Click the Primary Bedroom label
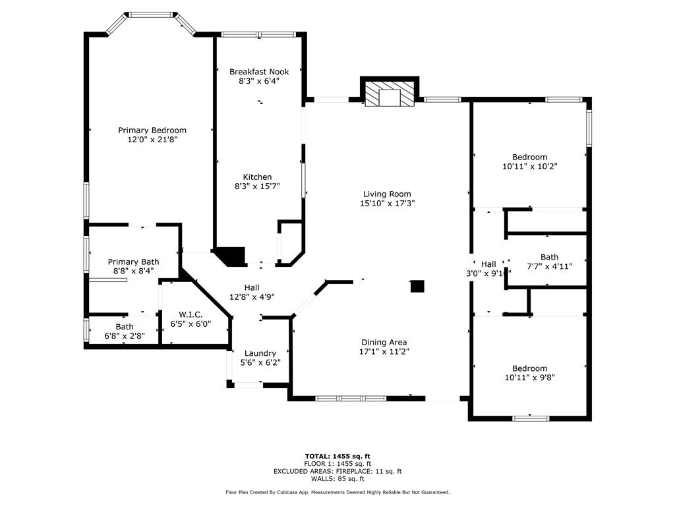pos(152,130)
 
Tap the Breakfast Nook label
pos(258,72)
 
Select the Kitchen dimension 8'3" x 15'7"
pos(257,186)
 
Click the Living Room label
pos(387,194)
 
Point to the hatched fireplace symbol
pos(390,92)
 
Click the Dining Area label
pos(384,343)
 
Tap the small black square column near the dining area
pos(417,286)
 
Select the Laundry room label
pos(260,354)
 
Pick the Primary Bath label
pos(133,262)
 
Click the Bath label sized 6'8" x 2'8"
pos(125,327)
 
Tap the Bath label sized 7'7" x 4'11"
pos(549,258)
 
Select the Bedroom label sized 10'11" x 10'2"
pos(529,157)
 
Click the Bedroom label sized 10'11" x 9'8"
pos(529,369)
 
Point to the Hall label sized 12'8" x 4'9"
pos(251,288)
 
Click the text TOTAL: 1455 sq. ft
pos(337,456)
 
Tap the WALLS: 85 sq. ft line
pos(337,479)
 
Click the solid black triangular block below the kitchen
pos(229,256)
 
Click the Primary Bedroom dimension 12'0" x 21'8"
pos(152,140)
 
